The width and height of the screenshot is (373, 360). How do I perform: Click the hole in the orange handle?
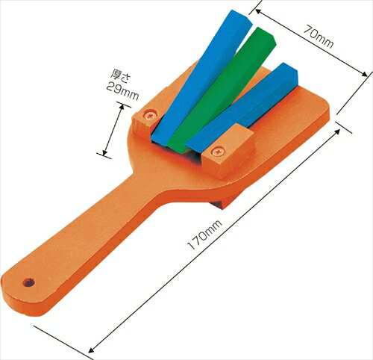pos(29,283)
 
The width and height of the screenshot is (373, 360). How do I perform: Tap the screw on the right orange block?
pos(217,152)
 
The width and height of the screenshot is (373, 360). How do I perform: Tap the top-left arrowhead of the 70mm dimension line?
pos(253,9)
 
